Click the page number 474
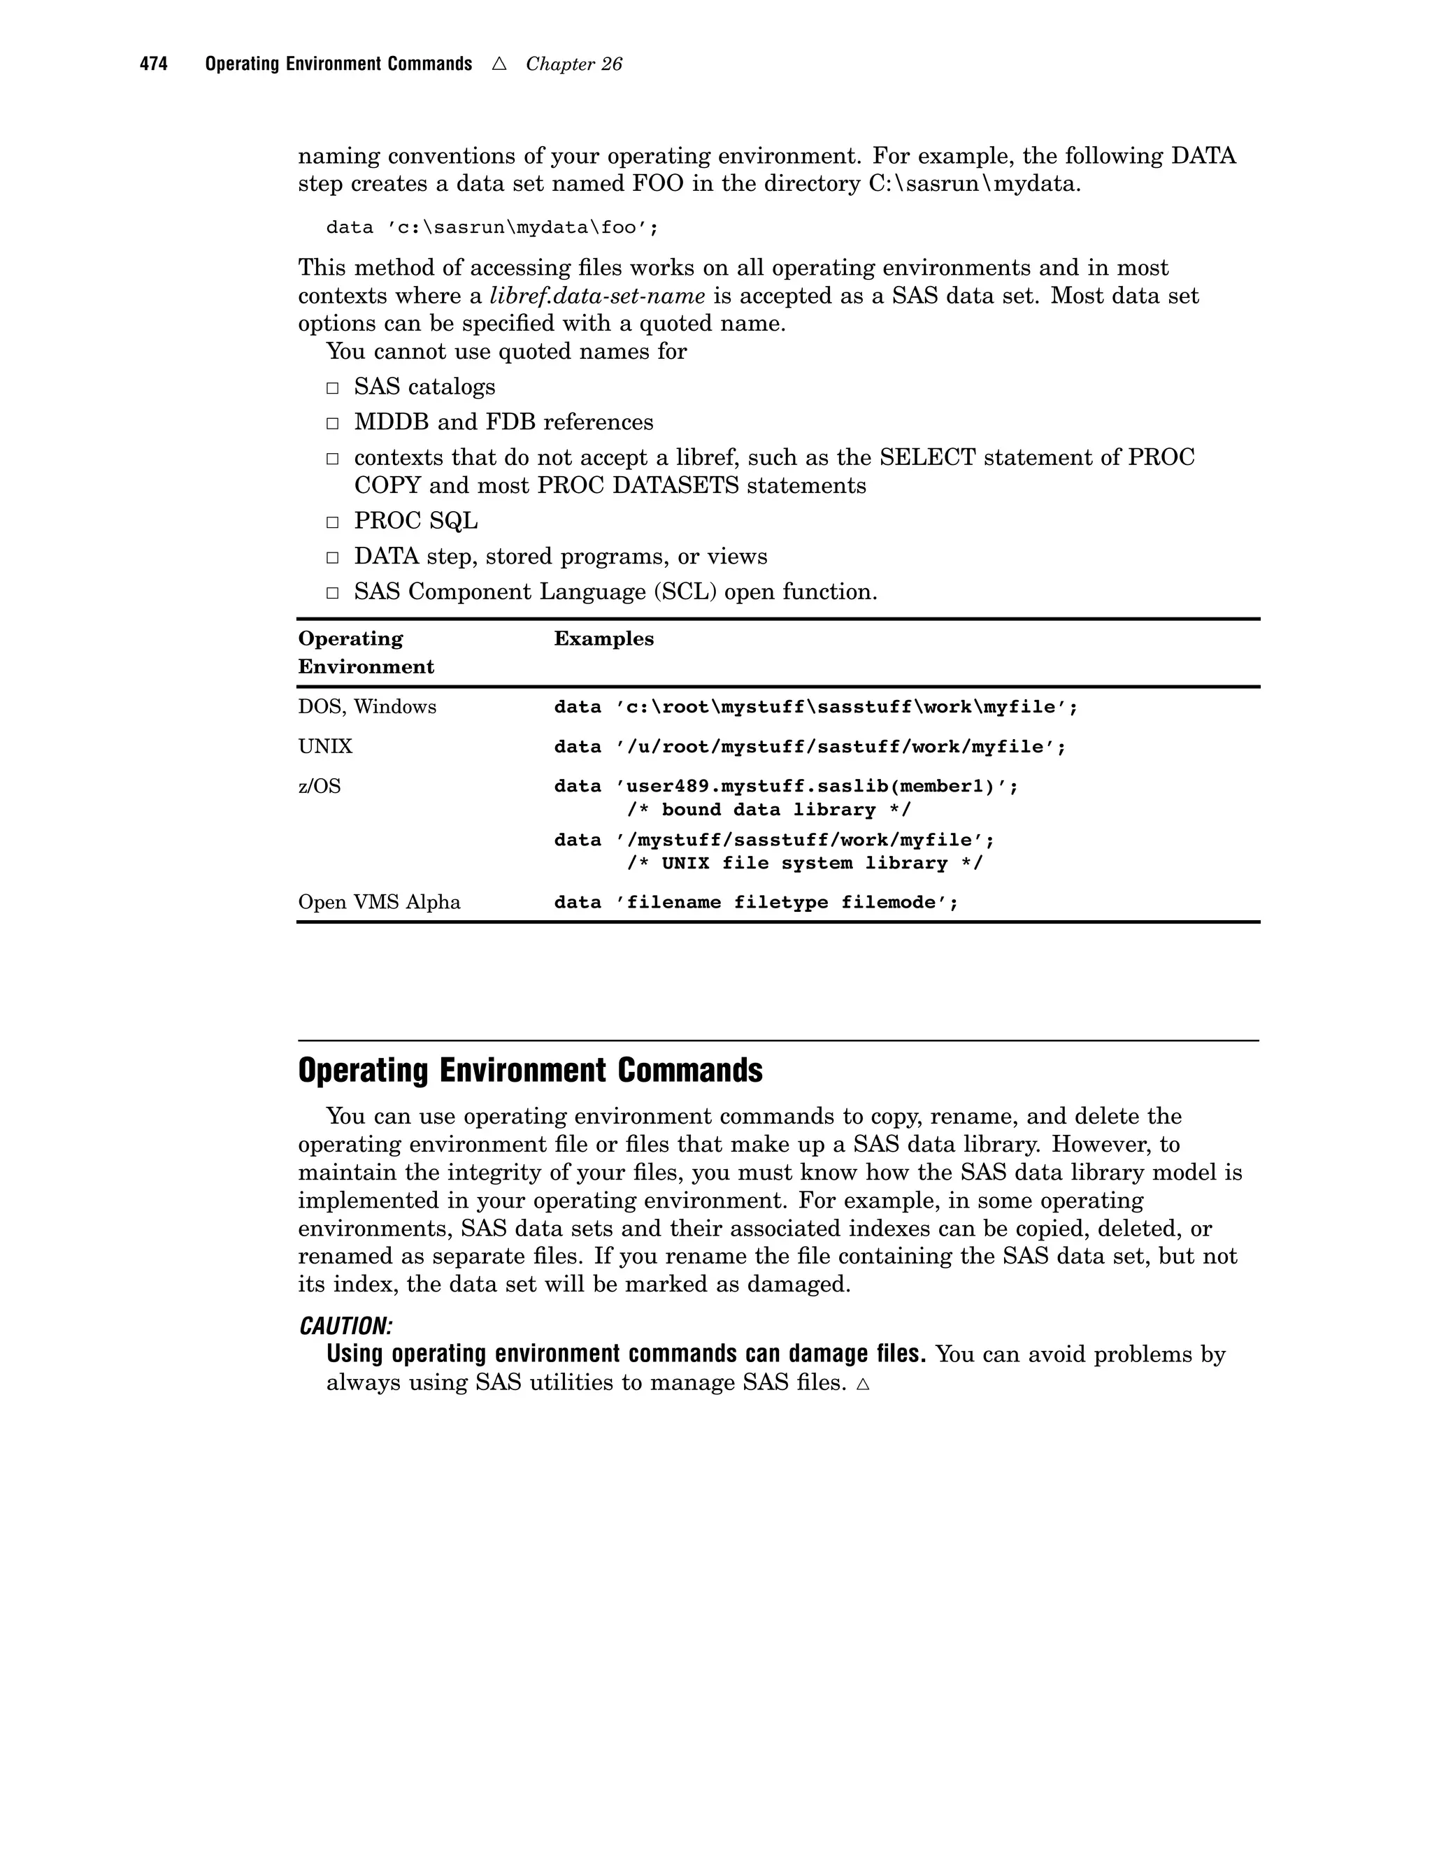click(154, 64)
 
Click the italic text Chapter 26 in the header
click(573, 64)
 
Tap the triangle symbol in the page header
click(499, 64)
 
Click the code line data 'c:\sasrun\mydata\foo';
click(492, 227)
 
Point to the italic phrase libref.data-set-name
click(597, 295)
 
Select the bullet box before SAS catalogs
click(333, 388)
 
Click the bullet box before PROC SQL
click(333, 522)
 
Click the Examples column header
click(603, 639)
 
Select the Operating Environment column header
click(366, 652)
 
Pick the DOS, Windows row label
click(366, 707)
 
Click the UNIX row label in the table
click(325, 747)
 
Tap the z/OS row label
click(319, 787)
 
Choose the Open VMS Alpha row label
click(378, 902)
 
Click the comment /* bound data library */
click(768, 810)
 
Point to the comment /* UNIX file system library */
click(804, 863)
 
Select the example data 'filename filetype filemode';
click(755, 902)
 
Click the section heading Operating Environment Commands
click(530, 1071)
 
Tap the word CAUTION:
click(345, 1326)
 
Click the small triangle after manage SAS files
click(863, 1384)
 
